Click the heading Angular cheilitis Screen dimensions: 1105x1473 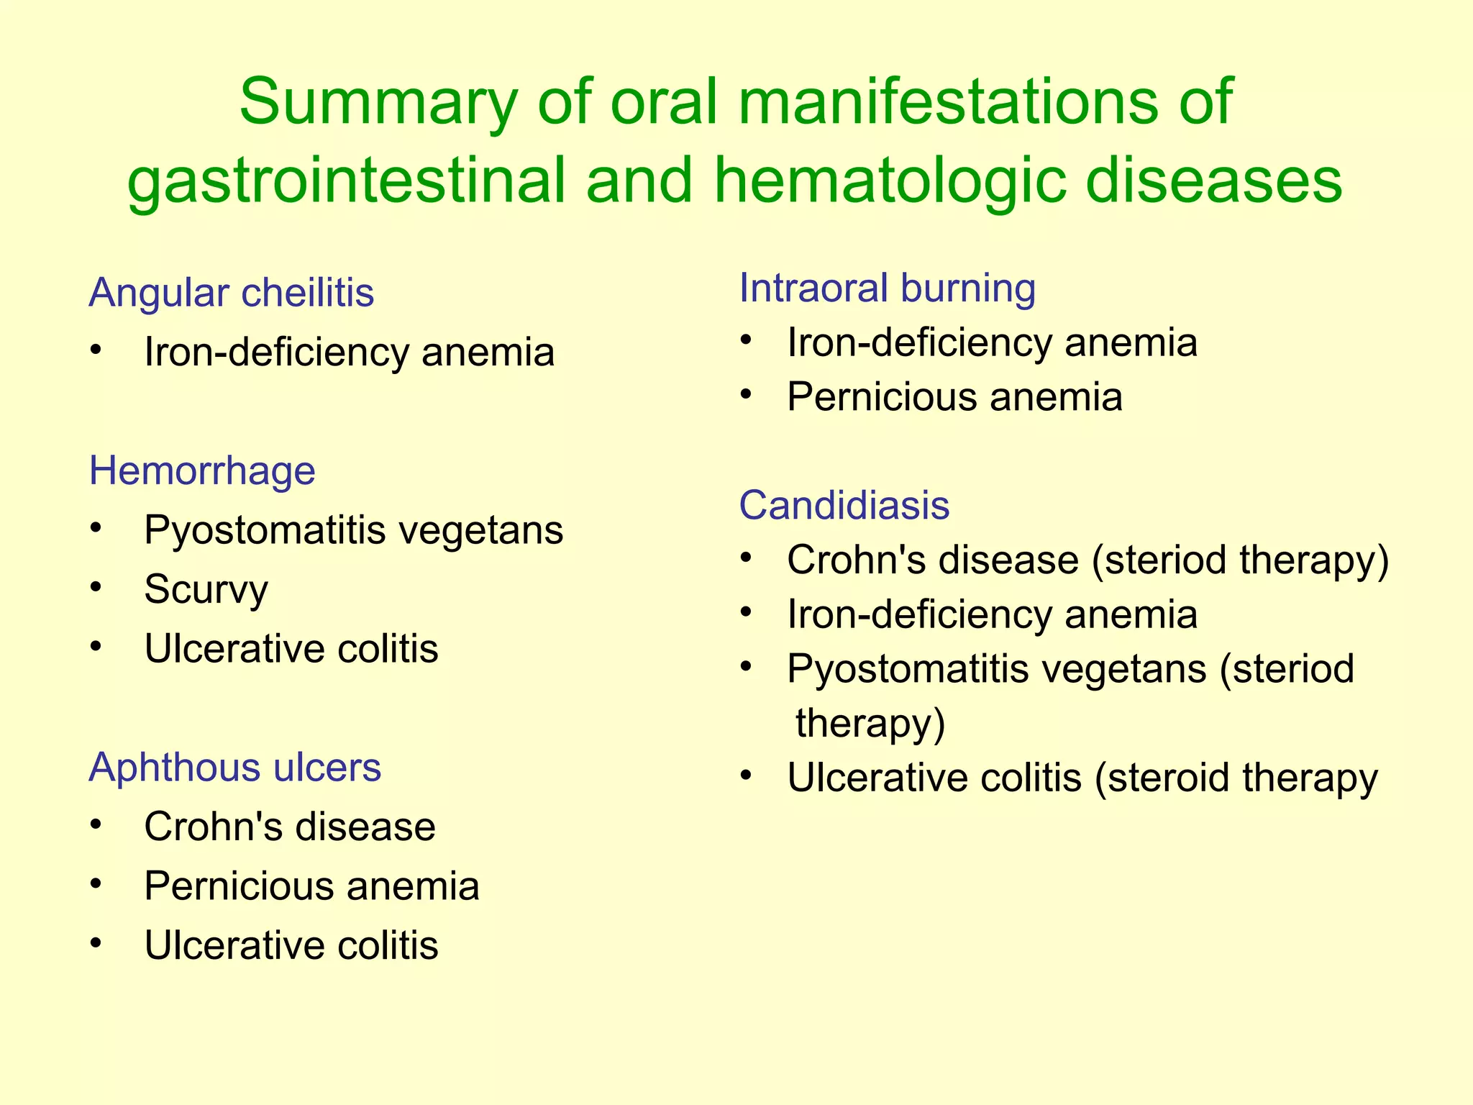[x=231, y=293]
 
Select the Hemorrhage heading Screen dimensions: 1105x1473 [x=202, y=470]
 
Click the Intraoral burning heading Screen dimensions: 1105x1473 [x=887, y=288]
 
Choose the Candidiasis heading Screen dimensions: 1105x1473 [x=844, y=505]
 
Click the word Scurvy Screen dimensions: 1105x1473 [x=206, y=589]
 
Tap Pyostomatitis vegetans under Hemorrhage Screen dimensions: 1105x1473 [x=353, y=530]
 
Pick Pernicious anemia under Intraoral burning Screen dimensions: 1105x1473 [x=954, y=396]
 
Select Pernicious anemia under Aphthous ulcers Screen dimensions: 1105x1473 [x=311, y=886]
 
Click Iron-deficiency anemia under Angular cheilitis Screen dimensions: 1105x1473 [x=349, y=352]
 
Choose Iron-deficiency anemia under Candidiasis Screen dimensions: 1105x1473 [x=992, y=614]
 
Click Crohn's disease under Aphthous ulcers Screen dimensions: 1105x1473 [x=289, y=827]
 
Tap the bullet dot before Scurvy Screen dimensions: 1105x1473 [x=96, y=588]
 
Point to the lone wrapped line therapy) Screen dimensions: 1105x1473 [x=870, y=723]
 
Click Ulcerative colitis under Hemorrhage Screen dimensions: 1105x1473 [x=291, y=649]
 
